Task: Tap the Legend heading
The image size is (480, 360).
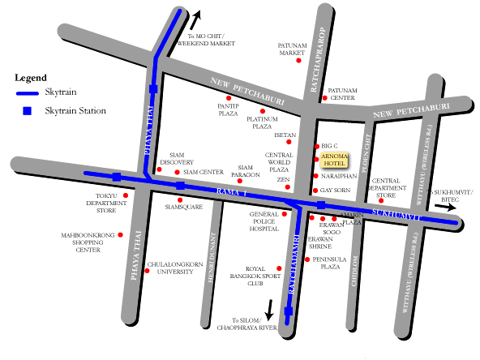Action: tap(31, 77)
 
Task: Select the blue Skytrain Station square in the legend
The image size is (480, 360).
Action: tap(28, 110)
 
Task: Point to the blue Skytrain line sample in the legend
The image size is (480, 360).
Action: tap(28, 93)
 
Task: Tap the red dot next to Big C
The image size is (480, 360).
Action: tap(316, 147)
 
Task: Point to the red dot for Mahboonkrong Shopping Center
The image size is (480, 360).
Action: tap(121, 235)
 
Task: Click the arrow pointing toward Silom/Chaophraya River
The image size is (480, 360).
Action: tap(268, 310)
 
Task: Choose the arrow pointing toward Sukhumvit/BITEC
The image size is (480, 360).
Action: tap(445, 207)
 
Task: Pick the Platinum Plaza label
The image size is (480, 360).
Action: tap(261, 122)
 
